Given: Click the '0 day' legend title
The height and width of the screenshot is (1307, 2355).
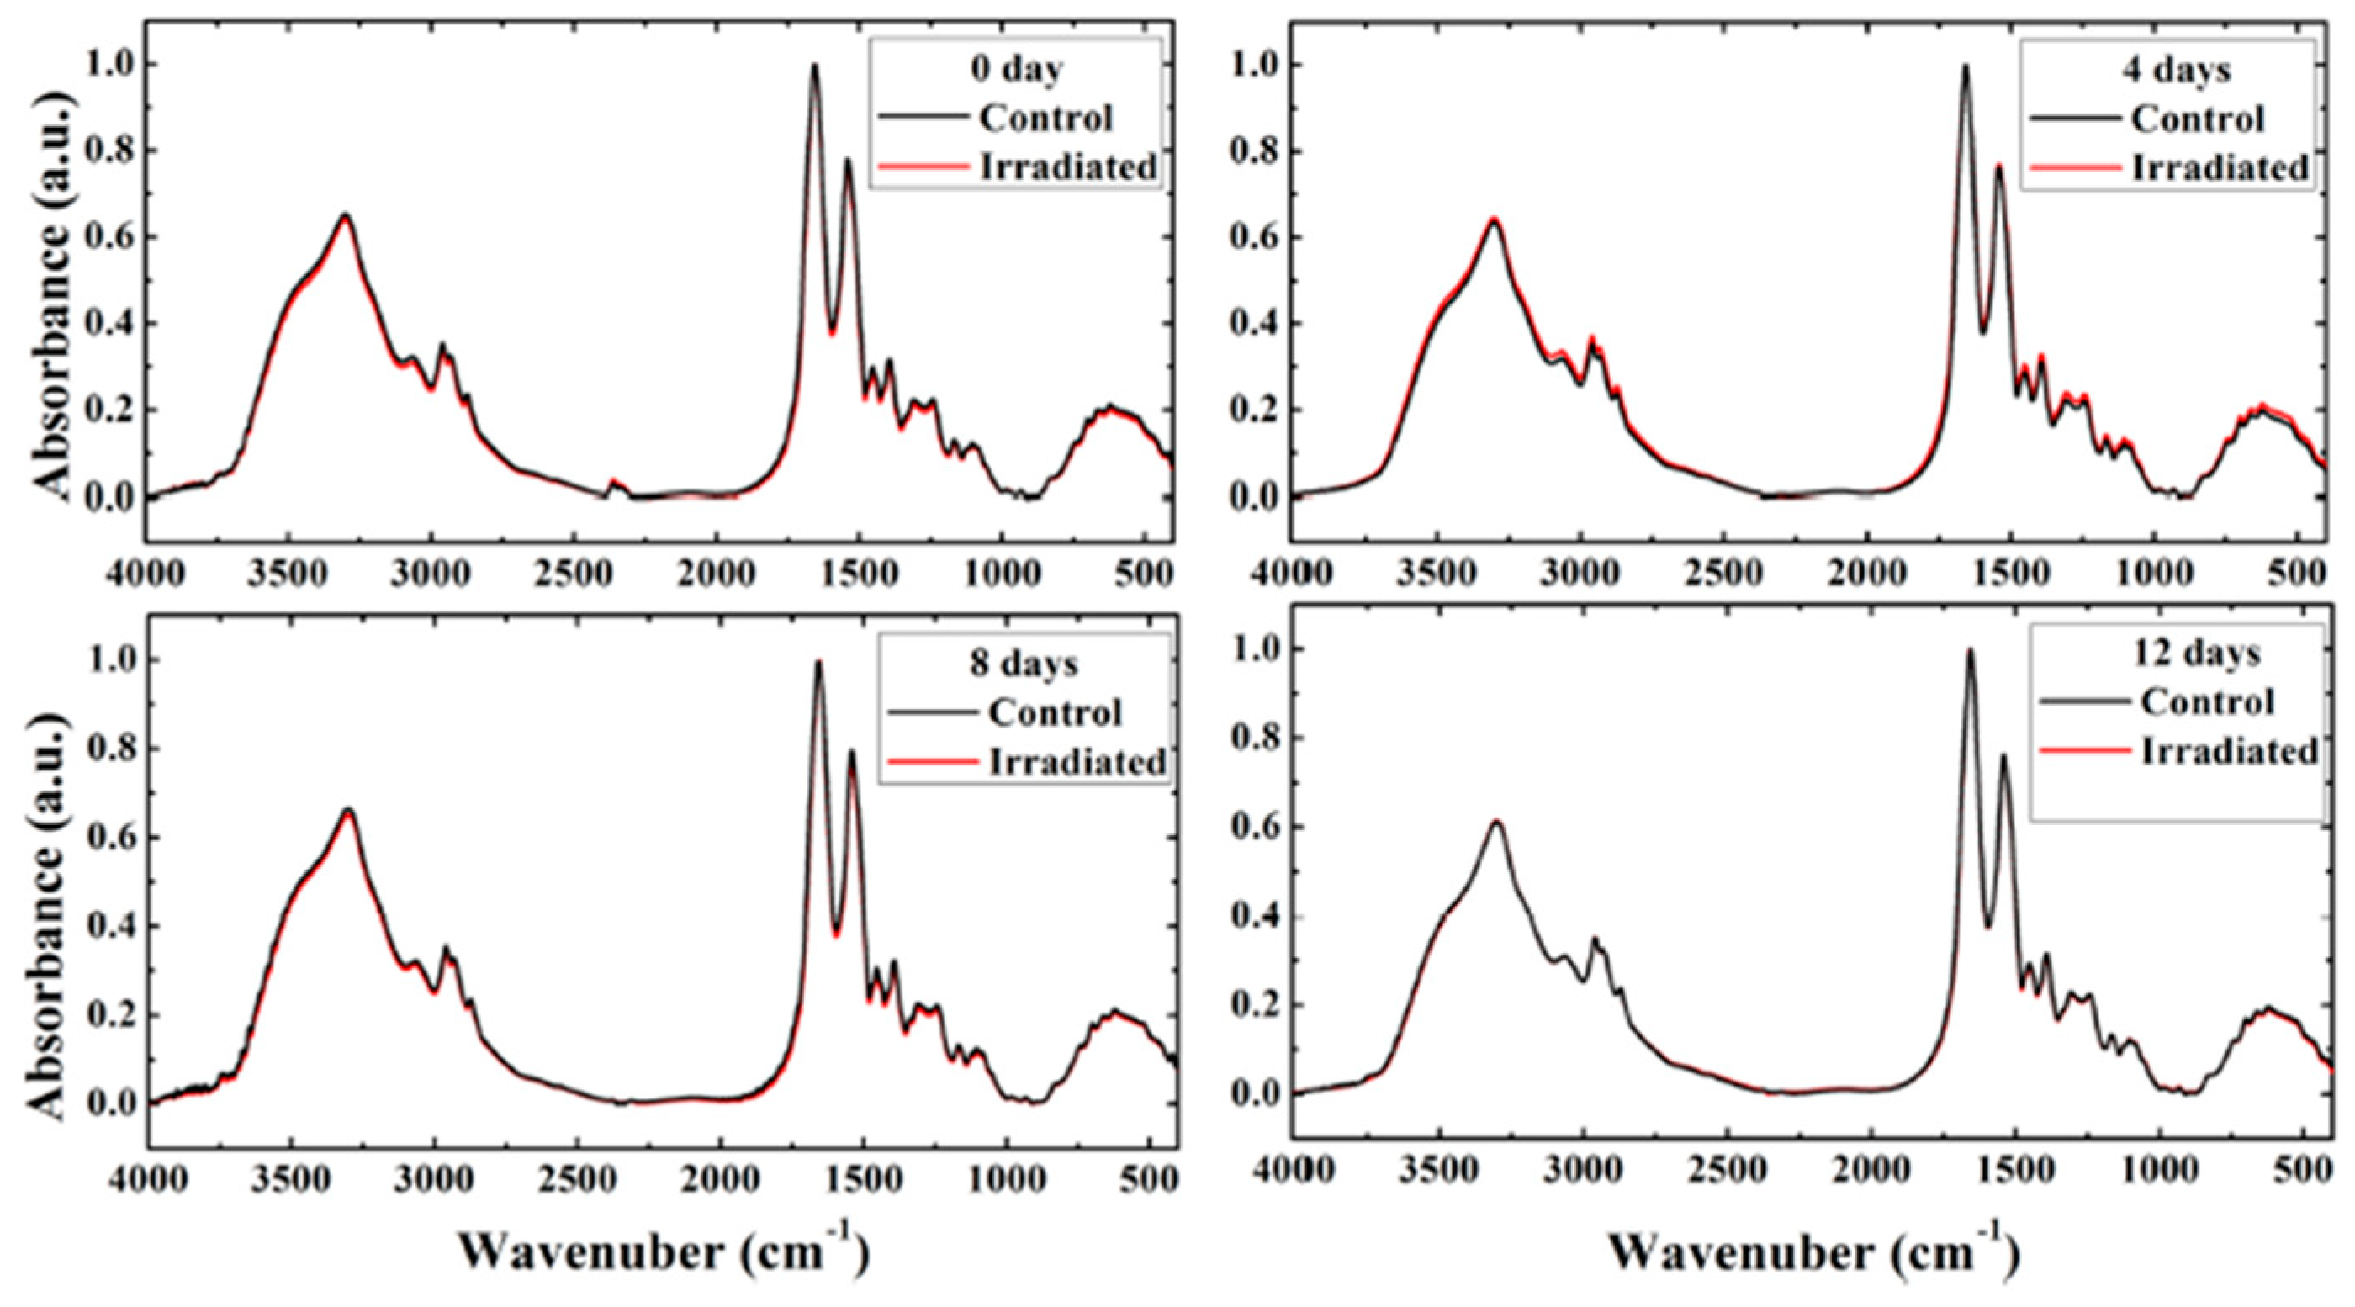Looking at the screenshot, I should click(x=1017, y=69).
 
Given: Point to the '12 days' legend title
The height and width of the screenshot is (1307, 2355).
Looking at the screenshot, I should click(x=2196, y=653).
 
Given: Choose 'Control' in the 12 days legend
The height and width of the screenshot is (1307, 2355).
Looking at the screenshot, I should click(x=2207, y=702).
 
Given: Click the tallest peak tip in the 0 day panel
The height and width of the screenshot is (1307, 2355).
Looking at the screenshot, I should click(x=813, y=65).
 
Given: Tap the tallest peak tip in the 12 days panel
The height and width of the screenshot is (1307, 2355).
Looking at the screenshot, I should click(x=1970, y=650).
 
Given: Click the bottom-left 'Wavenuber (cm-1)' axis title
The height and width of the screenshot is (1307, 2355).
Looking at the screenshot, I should click(x=662, y=1251).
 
